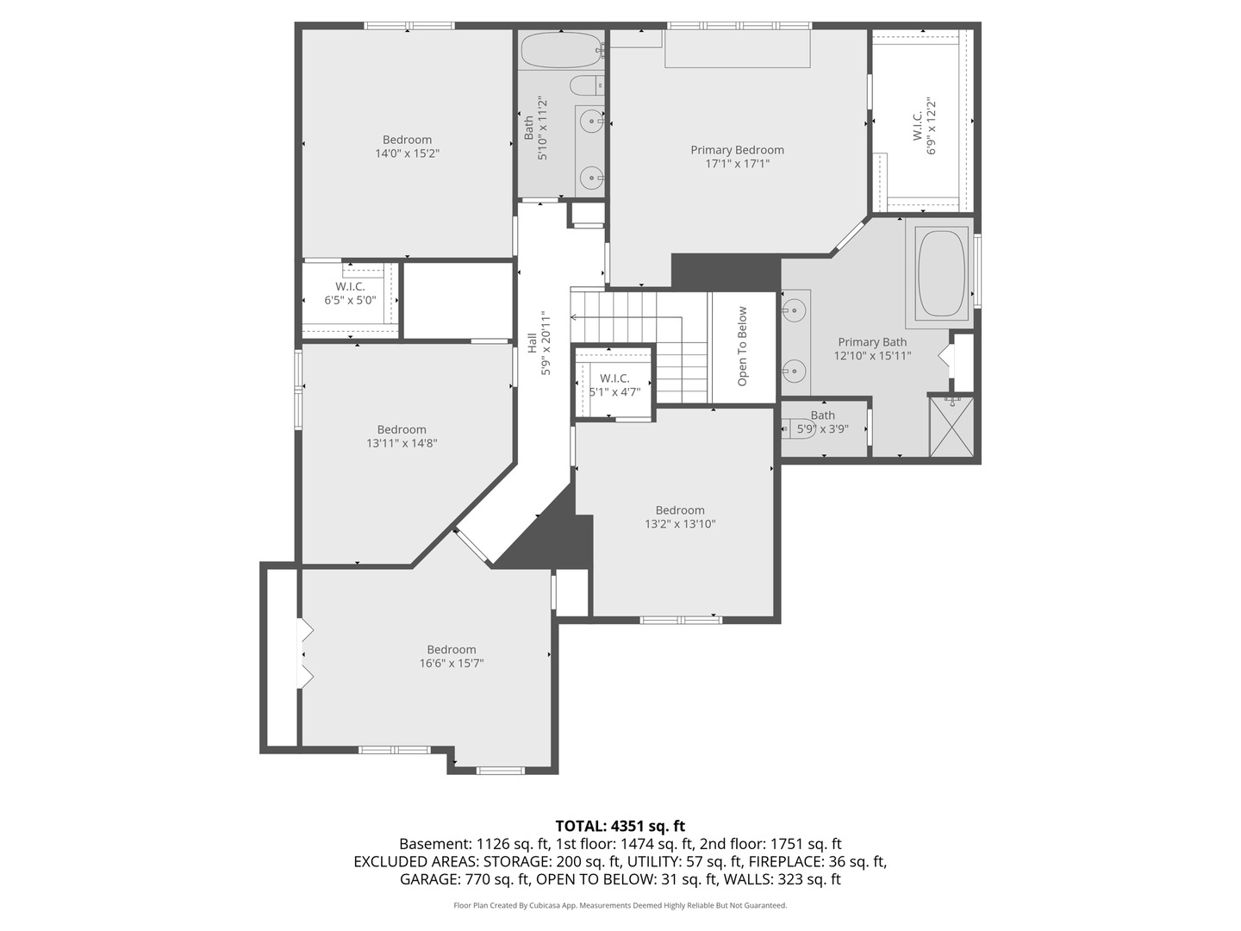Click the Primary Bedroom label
pos(737,150)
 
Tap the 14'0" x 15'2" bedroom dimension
pos(407,153)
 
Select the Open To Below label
pos(742,346)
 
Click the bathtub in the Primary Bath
pos(942,273)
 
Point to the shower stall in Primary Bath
pos(952,426)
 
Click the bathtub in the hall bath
pos(561,50)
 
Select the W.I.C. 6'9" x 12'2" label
pos(924,127)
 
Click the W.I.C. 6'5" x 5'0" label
pos(350,293)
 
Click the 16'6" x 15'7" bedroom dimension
pos(451,664)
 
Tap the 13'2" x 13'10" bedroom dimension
pos(680,523)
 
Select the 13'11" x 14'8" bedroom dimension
pos(402,443)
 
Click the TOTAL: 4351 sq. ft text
pos(620,826)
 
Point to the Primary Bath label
pos(872,342)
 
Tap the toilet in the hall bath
pos(586,85)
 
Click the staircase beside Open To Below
pos(655,345)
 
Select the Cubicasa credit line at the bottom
pos(620,905)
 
